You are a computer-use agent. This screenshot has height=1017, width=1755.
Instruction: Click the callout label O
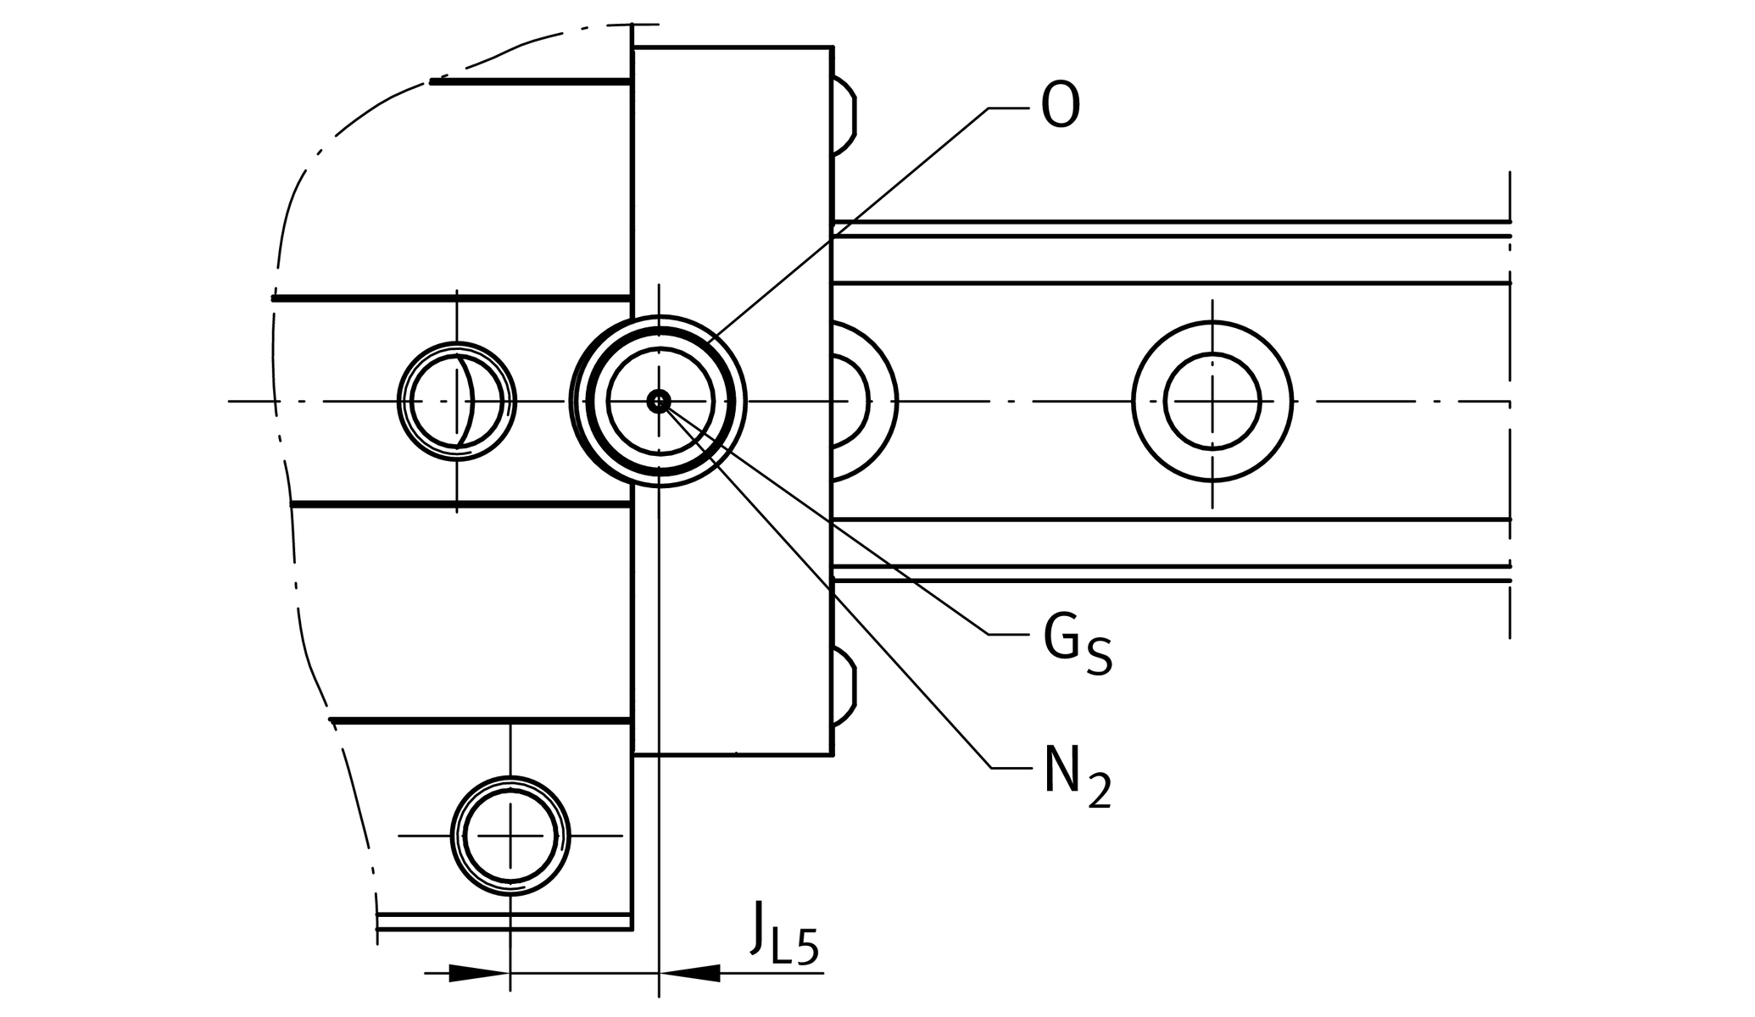pyautogui.click(x=1060, y=107)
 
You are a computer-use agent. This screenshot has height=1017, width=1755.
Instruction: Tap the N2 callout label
pyautogui.click(x=1075, y=778)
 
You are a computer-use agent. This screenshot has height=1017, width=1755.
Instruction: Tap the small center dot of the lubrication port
pyautogui.click(x=659, y=401)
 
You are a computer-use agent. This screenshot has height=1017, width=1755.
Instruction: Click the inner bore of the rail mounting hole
pyautogui.click(x=1212, y=402)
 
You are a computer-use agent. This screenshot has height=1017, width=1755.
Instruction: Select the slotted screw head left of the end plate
pyautogui.click(x=457, y=402)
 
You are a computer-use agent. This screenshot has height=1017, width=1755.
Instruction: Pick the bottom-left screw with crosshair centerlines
pyautogui.click(x=510, y=836)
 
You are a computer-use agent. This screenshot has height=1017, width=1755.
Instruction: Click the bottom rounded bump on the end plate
pyautogui.click(x=844, y=686)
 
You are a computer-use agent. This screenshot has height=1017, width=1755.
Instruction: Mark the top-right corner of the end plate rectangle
pyautogui.click(x=832, y=48)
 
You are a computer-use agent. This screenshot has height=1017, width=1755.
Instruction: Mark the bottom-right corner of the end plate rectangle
pyautogui.click(x=832, y=753)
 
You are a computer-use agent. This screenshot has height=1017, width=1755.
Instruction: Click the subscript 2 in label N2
pyautogui.click(x=1099, y=792)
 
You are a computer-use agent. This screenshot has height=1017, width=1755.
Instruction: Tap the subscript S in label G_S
pyautogui.click(x=1099, y=658)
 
